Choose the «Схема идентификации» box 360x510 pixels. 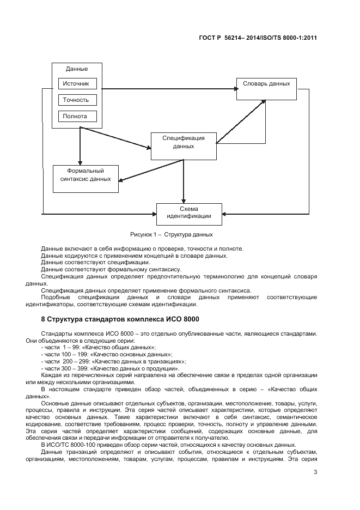[x=189, y=212]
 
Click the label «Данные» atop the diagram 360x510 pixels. [x=77, y=69]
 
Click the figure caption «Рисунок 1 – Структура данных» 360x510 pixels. [x=171, y=234]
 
